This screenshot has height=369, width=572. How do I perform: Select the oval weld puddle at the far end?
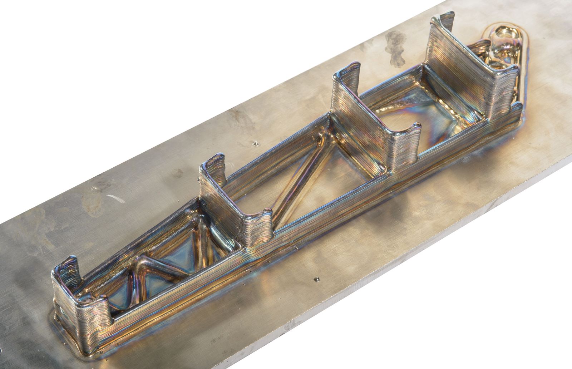tap(504, 54)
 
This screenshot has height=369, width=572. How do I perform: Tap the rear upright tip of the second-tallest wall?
tap(349, 75)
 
